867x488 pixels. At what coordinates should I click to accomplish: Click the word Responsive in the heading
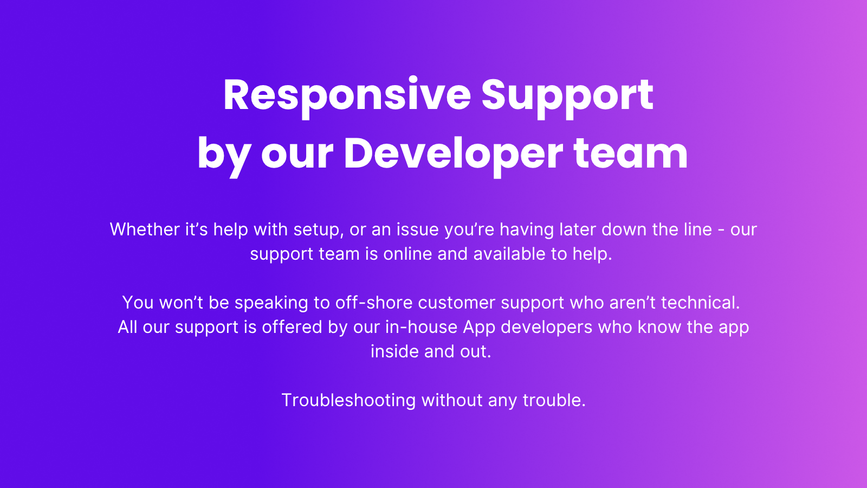point(347,96)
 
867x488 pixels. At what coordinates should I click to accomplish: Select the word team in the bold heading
point(631,154)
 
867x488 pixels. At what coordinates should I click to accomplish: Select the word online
point(407,254)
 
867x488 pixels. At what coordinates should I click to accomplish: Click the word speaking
point(271,303)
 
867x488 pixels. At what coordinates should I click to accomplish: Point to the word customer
point(457,303)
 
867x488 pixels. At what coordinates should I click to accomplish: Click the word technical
point(701,303)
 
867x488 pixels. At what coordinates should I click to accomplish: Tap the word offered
point(292,327)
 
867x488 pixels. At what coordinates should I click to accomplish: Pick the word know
point(659,327)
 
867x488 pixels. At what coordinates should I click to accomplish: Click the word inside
point(395,351)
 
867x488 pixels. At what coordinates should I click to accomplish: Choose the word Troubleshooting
point(348,401)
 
